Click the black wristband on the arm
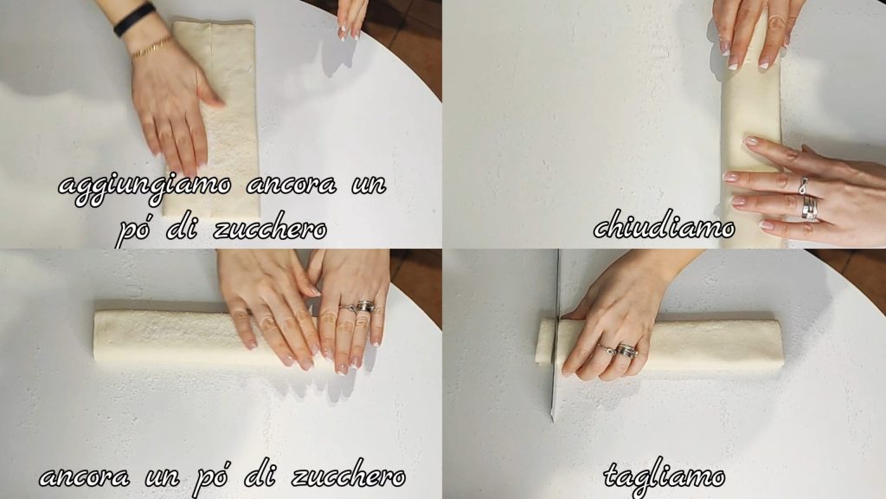[x=134, y=20]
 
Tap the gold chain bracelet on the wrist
[x=151, y=48]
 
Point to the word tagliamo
[x=664, y=476]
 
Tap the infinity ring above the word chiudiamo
[x=802, y=185]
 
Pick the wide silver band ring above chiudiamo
[x=810, y=208]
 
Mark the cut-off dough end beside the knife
[x=545, y=341]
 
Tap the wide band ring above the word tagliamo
[x=626, y=351]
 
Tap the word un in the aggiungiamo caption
[x=369, y=185]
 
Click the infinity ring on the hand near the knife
[x=607, y=349]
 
